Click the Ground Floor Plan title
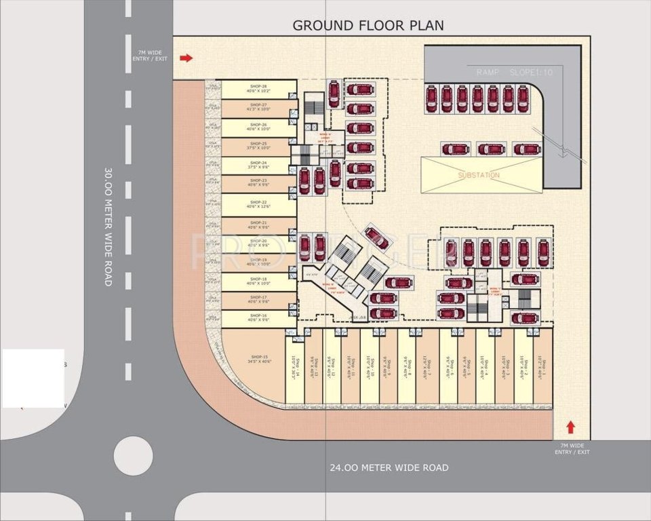(x=368, y=26)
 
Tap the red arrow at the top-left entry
(x=186, y=58)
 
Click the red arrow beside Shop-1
(x=570, y=427)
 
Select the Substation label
(x=479, y=175)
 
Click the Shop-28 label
(x=258, y=87)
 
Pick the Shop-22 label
(x=258, y=203)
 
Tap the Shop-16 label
(x=258, y=316)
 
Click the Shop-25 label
(x=258, y=144)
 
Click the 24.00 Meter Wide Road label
(x=389, y=467)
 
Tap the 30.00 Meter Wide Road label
(x=108, y=227)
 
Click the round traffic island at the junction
(x=133, y=455)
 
